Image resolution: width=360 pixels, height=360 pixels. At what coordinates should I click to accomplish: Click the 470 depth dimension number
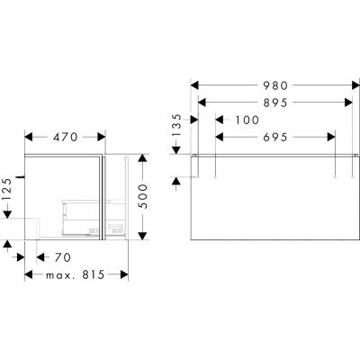(63, 139)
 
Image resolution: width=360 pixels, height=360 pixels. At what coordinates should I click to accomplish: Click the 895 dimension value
(272, 103)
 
